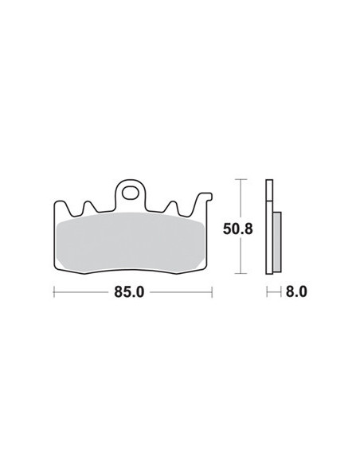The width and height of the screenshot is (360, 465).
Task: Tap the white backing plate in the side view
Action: pyautogui.click(x=269, y=231)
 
